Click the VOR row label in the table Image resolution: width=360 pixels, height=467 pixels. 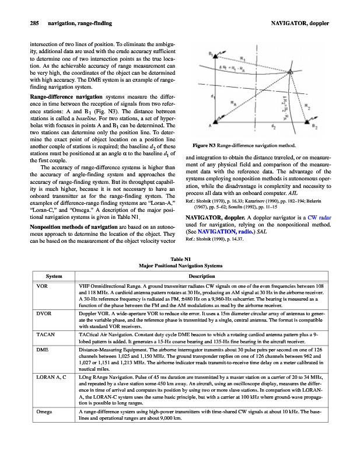(x=41, y=286)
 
